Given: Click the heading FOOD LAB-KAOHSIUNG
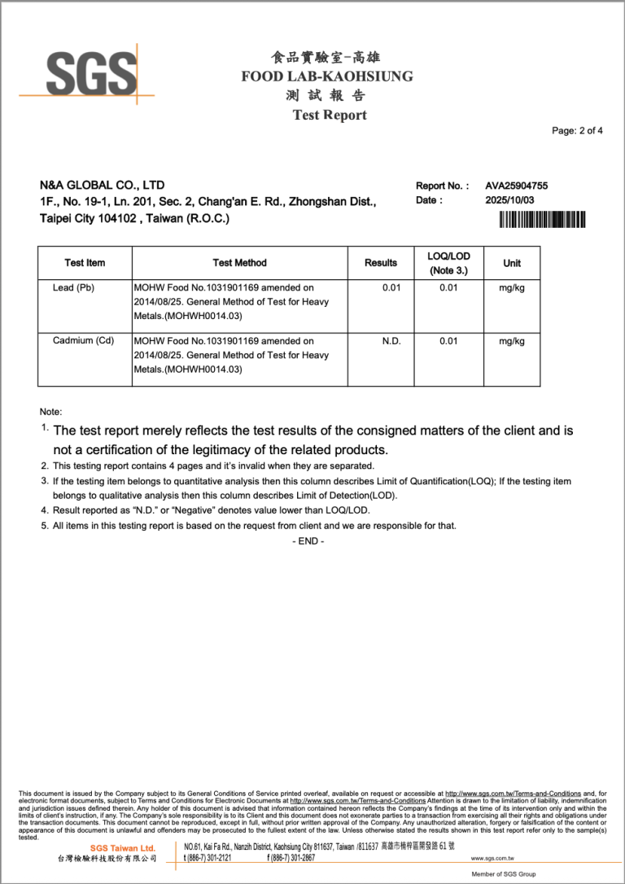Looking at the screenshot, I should [327, 77].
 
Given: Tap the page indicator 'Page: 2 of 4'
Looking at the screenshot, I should [577, 131].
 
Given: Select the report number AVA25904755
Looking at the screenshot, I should [516, 186].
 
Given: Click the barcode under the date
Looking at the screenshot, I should [542, 218].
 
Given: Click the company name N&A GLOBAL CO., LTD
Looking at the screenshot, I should [103, 186].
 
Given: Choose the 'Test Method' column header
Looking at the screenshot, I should [239, 263].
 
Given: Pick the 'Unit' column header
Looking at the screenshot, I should [512, 263].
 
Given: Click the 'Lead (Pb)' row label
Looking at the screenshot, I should [73, 288].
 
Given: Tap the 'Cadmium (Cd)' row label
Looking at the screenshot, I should [83, 341].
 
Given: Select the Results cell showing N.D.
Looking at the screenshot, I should [391, 341].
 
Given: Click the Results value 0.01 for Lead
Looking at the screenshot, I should [391, 288].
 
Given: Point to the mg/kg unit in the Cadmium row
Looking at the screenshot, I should [512, 341].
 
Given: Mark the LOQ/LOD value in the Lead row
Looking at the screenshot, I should [448, 288].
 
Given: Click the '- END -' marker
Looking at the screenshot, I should [308, 541].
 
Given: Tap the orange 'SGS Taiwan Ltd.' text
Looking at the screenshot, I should [122, 848].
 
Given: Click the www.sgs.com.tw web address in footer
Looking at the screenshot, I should [492, 858].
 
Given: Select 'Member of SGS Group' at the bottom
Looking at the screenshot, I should [504, 874].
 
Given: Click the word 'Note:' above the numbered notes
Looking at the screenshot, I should [50, 412].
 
